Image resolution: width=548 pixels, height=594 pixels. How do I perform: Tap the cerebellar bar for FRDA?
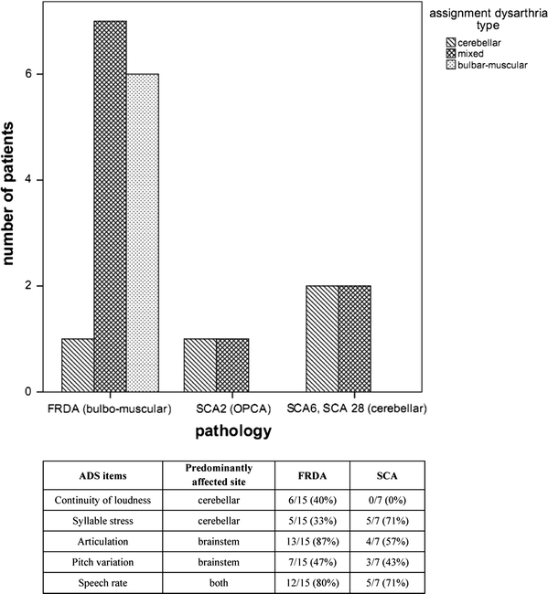point(78,366)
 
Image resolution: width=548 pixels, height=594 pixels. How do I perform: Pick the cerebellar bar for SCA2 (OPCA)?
point(200,366)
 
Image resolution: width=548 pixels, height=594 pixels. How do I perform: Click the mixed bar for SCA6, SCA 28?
point(354,339)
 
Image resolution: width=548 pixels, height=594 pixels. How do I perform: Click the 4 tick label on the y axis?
point(38,180)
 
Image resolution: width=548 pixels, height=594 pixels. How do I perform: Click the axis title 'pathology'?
point(232,431)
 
